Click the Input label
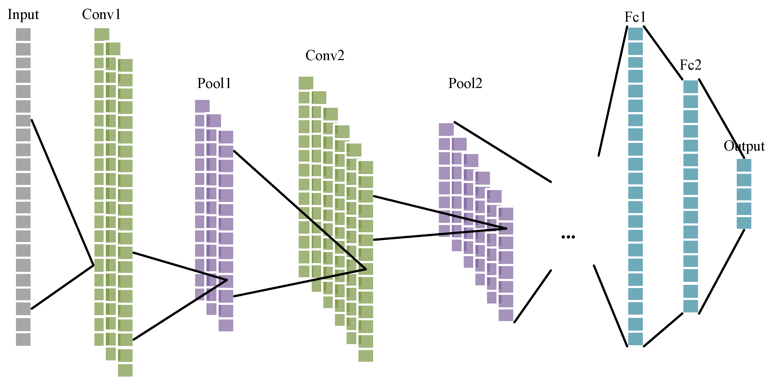click(23, 15)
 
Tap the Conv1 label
click(101, 14)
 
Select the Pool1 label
click(214, 83)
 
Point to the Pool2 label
click(465, 83)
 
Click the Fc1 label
click(635, 17)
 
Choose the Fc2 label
click(690, 65)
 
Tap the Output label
click(744, 146)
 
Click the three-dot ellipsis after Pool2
click(568, 237)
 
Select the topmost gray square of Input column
click(23, 34)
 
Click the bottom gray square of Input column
click(23, 339)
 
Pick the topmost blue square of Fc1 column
click(635, 34)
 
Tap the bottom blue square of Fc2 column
click(690, 306)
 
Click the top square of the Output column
click(744, 165)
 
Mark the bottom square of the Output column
click(744, 223)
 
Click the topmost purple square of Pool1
click(202, 106)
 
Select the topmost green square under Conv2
click(306, 83)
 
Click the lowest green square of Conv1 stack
click(125, 370)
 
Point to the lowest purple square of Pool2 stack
click(506, 315)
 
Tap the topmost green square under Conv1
click(102, 34)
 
